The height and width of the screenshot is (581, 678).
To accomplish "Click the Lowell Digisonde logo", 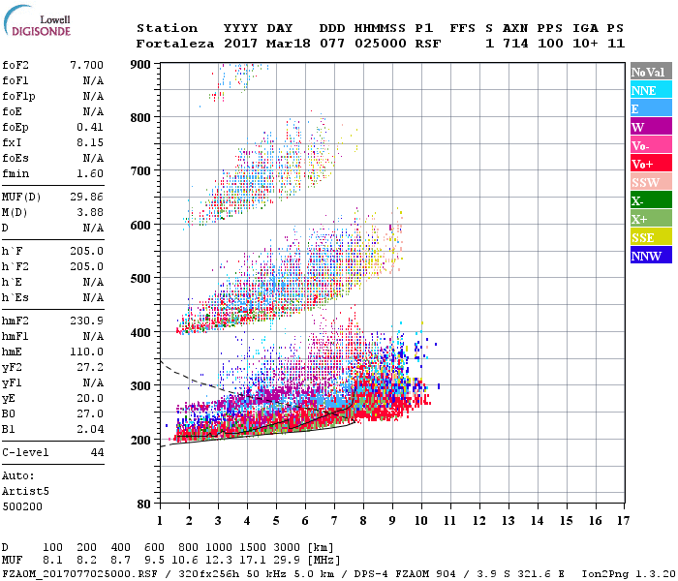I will click(x=39, y=21).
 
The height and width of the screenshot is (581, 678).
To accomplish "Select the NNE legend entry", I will click(x=651, y=90).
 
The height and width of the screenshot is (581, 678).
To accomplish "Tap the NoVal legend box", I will click(x=651, y=72).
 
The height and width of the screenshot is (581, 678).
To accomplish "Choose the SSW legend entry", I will click(x=651, y=182).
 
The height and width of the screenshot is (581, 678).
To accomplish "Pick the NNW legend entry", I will click(x=651, y=256).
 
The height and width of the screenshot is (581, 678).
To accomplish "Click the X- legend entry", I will click(x=651, y=200).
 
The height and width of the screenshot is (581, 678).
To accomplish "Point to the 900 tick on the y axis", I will click(x=141, y=64).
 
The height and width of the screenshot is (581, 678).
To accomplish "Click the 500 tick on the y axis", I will click(x=141, y=279).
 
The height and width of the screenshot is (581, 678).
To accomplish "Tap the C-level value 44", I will click(x=97, y=452).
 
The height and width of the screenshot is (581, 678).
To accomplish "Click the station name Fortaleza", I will click(x=175, y=44).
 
